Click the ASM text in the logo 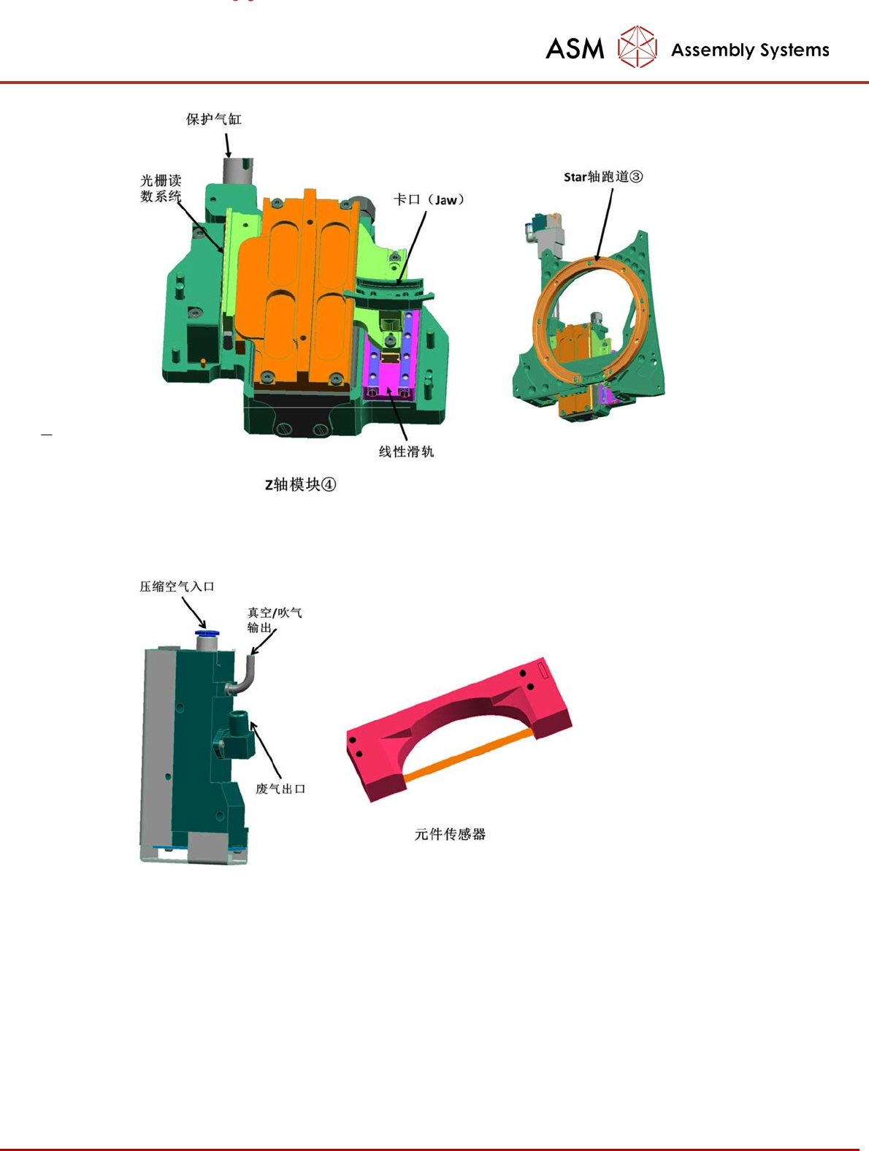pos(575,49)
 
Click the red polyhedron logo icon pos(637,47)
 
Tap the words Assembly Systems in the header pos(750,50)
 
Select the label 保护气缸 pos(214,119)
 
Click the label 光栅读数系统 pos(161,188)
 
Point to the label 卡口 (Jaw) pos(429,200)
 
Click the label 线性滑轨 pos(406,451)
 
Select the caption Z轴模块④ pos(300,484)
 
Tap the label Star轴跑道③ pos(603,177)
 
